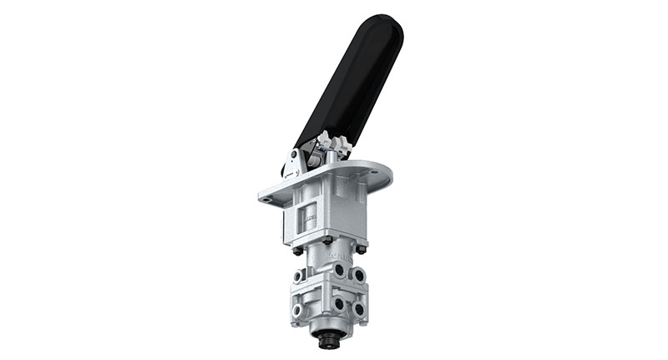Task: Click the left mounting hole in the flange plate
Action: (266, 200)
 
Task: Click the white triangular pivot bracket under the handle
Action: (294, 163)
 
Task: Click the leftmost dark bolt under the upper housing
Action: (297, 250)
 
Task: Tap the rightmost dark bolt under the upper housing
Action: (361, 248)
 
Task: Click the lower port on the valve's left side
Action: (298, 310)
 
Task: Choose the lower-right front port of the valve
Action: (358, 309)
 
